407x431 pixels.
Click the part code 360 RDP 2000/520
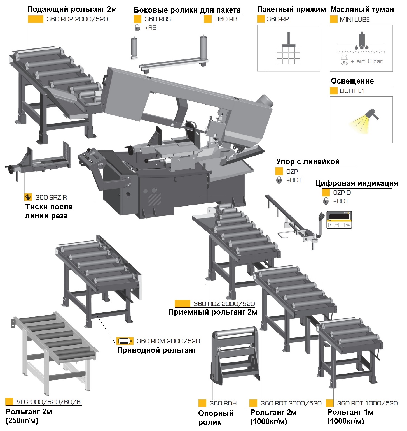(x=77, y=19)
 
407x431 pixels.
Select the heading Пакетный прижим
(x=291, y=10)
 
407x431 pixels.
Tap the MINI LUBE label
(x=354, y=20)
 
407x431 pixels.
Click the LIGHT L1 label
(x=352, y=91)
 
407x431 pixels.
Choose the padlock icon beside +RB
(x=137, y=28)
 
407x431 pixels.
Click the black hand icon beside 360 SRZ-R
(x=28, y=197)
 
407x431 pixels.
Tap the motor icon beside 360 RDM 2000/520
(x=123, y=341)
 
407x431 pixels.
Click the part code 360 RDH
(x=223, y=404)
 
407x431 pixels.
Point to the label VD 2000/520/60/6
(x=48, y=402)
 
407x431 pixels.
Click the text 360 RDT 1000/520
(x=367, y=404)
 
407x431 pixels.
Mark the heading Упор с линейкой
(x=308, y=162)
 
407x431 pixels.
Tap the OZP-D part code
(x=342, y=193)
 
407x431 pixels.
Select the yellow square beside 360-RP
(x=261, y=19)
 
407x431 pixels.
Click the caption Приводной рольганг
(x=156, y=350)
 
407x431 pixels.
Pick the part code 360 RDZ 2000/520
(x=224, y=304)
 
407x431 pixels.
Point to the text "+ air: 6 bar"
(x=367, y=62)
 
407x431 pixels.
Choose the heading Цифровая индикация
(x=356, y=183)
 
